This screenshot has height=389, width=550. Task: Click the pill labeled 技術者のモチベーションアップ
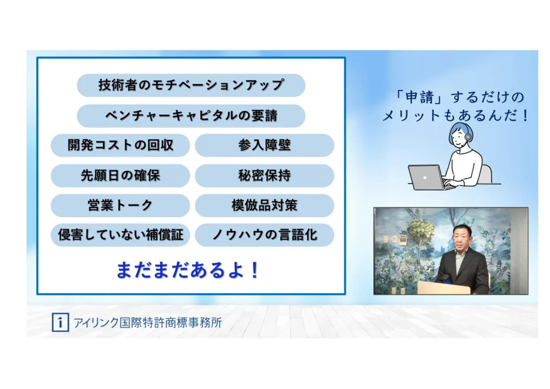[191, 85]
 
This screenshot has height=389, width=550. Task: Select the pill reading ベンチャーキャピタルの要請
[191, 116]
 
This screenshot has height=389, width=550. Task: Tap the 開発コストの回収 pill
[120, 145]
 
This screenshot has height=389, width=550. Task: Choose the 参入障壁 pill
[264, 145]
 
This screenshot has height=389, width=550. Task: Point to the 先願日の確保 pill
[120, 175]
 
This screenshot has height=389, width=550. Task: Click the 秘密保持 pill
[264, 175]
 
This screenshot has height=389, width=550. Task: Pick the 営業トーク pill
[120, 205]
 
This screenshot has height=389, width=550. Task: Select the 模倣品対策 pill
[264, 205]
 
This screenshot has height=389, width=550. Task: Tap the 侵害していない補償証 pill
[120, 235]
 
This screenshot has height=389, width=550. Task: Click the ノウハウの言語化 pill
[264, 235]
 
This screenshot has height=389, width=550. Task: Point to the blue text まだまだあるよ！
[188, 270]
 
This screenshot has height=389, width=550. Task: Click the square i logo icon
[60, 322]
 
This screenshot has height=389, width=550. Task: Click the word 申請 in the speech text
[419, 97]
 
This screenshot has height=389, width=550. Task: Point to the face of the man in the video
[461, 240]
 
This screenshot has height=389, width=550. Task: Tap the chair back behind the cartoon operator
[486, 174]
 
